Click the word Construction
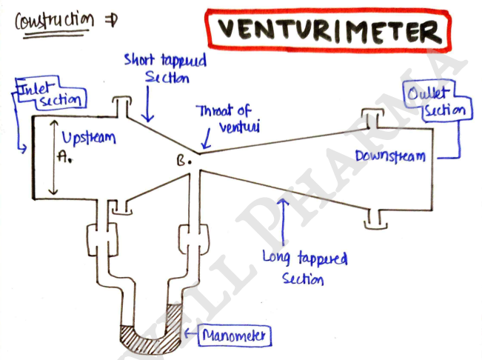(55, 21)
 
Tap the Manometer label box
(235, 336)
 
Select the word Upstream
(89, 138)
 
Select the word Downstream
(390, 156)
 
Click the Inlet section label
(51, 94)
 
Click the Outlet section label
(438, 101)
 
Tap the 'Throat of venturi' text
(228, 119)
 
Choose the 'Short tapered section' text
(166, 68)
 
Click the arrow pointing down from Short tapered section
(148, 104)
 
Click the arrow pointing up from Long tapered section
(283, 221)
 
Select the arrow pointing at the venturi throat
(207, 139)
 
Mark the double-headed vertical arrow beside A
(54, 157)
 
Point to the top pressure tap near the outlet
(373, 118)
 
